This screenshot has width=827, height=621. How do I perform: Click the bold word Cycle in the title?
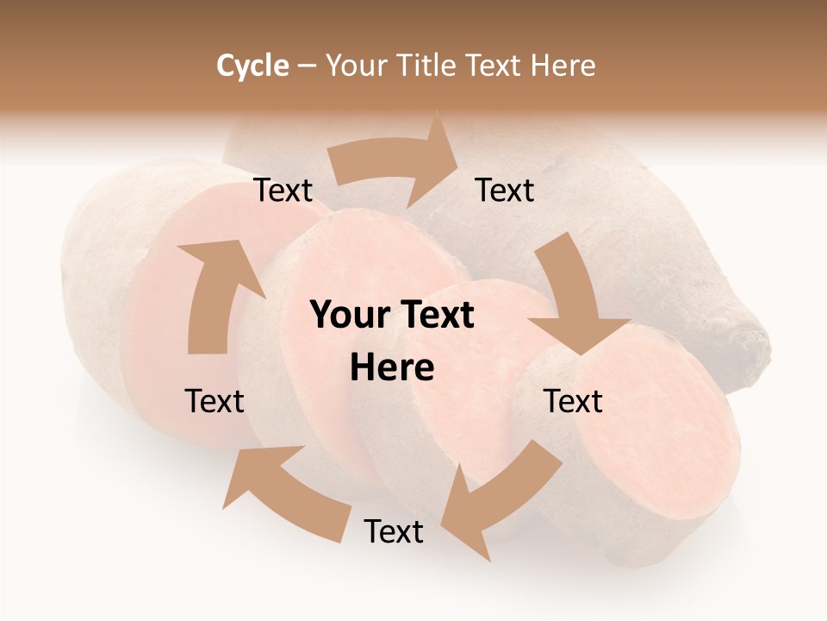pos(252,66)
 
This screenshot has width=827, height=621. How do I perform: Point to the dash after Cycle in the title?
pos(307,66)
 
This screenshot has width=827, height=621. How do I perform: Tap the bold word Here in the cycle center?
pos(392,368)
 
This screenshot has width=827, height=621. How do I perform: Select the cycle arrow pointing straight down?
pos(573,298)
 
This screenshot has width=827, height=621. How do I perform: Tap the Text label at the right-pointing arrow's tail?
pos(283,191)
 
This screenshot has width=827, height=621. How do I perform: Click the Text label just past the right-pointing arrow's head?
pos(505,191)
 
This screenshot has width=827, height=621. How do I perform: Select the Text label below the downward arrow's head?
pos(573,401)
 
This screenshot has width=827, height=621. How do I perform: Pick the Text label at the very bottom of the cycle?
pos(394,531)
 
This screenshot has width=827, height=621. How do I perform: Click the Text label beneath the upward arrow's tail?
pos(215,401)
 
